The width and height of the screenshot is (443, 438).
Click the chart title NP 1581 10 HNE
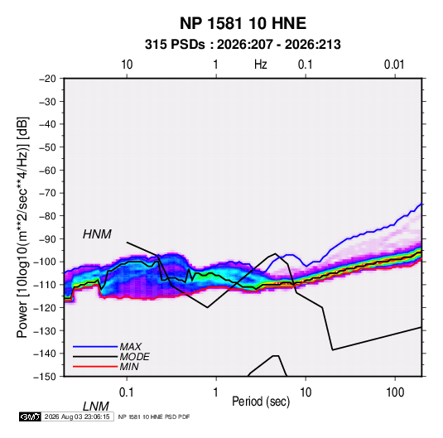[243, 23]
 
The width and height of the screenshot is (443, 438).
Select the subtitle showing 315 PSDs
[243, 45]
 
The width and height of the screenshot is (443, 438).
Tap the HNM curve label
[97, 234]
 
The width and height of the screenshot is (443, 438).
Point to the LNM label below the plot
[95, 407]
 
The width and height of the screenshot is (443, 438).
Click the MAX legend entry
[130, 346]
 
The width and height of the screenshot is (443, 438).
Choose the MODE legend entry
[134, 357]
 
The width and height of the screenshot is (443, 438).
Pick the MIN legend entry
[129, 367]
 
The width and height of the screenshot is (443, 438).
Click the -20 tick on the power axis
[47, 79]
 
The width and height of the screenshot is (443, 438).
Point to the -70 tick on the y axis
[47, 193]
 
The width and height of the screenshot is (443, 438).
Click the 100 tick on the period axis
[395, 392]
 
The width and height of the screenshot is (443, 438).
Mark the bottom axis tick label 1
[216, 392]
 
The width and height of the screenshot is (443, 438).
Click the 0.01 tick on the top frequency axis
[394, 65]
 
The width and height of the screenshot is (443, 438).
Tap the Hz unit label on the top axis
[260, 65]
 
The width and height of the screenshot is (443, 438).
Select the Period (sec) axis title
[261, 402]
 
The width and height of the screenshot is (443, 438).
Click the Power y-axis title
[22, 228]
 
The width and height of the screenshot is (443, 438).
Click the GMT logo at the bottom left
[30, 416]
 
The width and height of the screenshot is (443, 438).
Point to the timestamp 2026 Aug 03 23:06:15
[77, 416]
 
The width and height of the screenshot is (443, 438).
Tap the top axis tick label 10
[127, 65]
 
